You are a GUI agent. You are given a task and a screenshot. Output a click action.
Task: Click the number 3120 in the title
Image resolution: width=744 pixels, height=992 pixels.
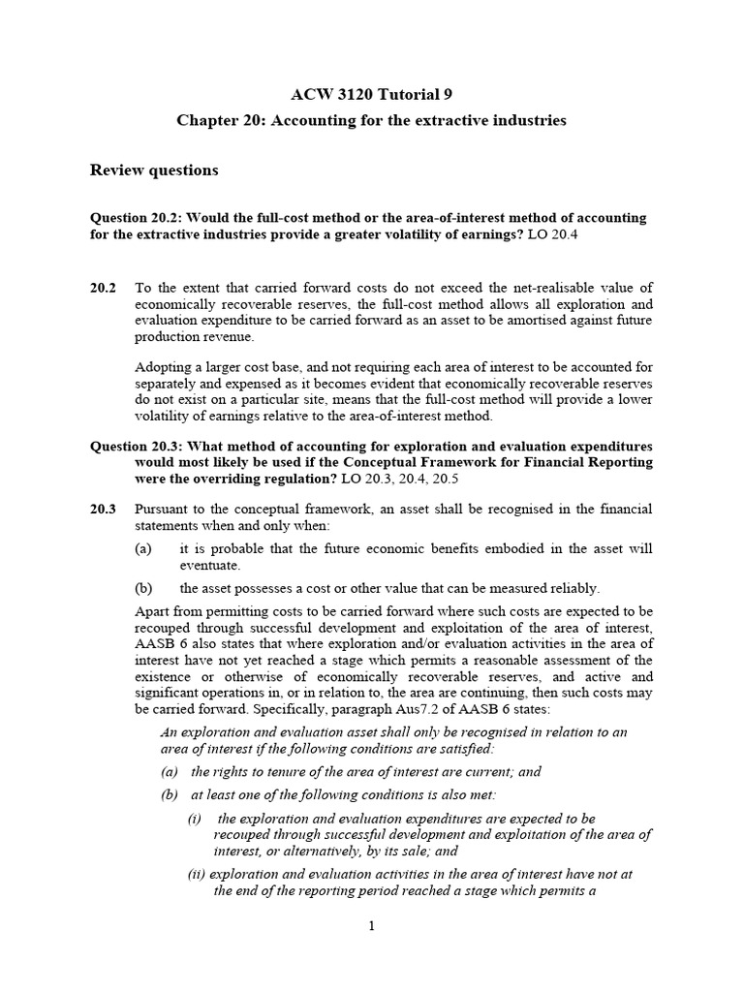[x=360, y=94]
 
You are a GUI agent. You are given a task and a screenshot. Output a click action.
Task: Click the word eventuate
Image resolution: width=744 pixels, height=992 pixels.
[x=209, y=565]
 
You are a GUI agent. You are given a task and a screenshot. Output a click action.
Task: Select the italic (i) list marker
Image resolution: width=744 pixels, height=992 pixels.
[x=195, y=818]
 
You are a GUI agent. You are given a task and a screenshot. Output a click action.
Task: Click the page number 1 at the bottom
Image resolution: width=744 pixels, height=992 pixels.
[x=371, y=926]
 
